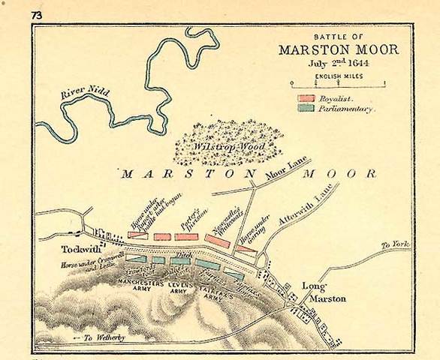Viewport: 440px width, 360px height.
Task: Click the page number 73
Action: pos(38,15)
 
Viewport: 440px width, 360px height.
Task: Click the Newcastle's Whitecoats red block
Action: pos(217,242)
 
